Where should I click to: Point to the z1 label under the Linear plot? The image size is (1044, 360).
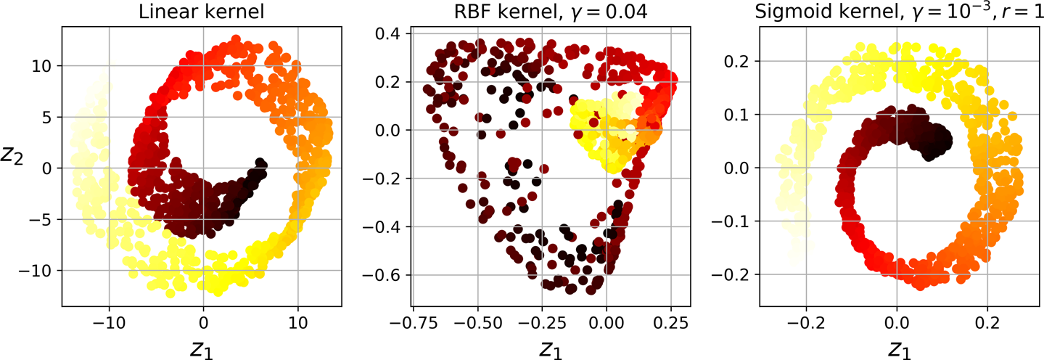[202, 345]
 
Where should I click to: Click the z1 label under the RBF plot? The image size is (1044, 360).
[549, 345]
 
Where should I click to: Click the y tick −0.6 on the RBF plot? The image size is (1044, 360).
[387, 275]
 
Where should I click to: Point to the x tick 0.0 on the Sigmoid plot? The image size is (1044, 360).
[897, 319]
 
